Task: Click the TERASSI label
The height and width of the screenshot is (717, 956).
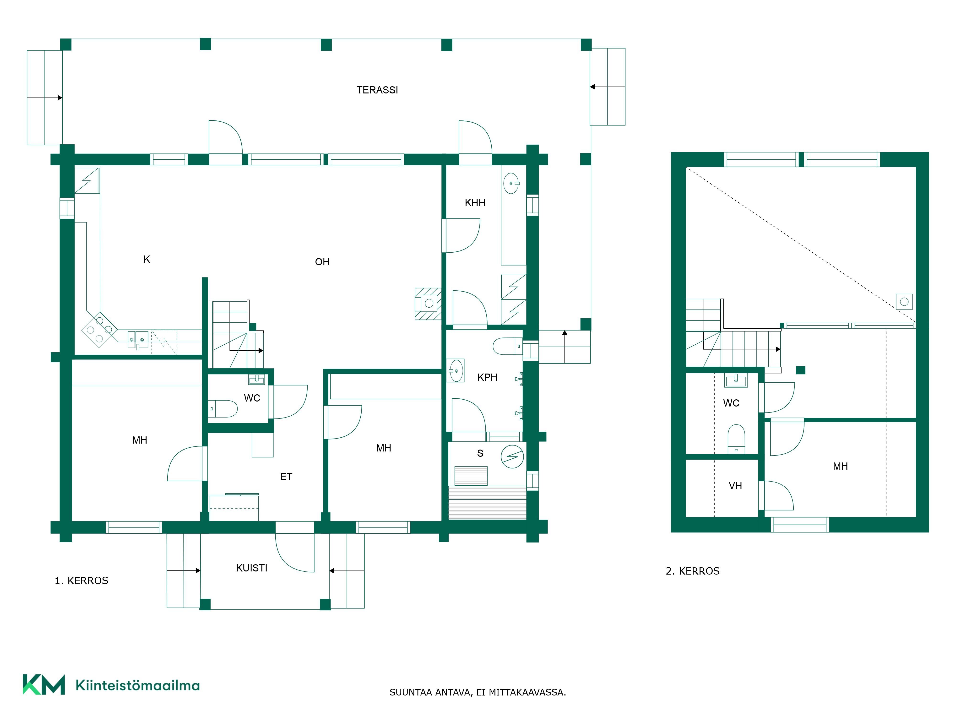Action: (x=377, y=90)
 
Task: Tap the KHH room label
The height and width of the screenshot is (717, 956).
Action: (x=475, y=203)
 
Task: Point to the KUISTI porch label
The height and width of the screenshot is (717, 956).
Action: (x=251, y=568)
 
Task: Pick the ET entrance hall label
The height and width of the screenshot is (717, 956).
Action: (x=286, y=476)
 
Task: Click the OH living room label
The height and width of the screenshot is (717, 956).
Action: (x=322, y=262)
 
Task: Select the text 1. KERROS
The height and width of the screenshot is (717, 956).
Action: (x=81, y=581)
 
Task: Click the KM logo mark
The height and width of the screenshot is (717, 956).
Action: (x=44, y=684)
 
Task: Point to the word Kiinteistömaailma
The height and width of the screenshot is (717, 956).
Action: (x=137, y=685)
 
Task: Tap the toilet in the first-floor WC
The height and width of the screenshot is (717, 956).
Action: (x=223, y=408)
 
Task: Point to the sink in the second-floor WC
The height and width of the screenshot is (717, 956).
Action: (x=736, y=380)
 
